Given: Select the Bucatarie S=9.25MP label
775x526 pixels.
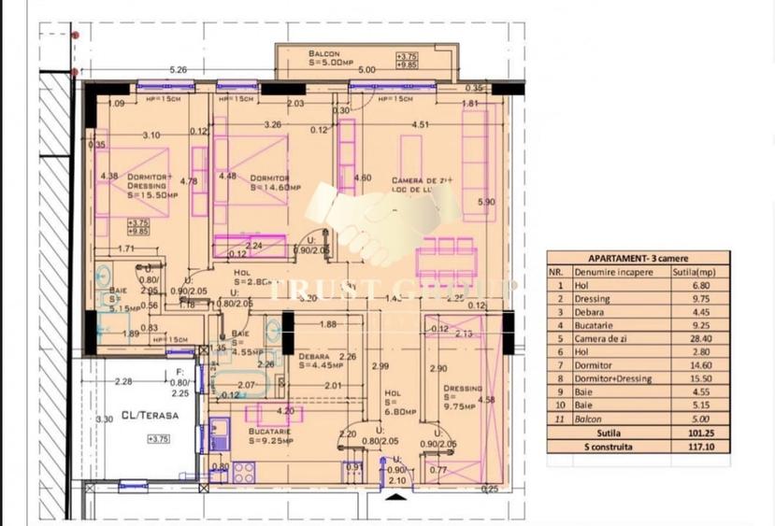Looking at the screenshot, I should pyautogui.click(x=272, y=435).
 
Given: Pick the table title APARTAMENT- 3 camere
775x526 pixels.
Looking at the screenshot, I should pyautogui.click(x=638, y=258).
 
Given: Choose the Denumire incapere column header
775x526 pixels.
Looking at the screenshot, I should pyautogui.click(x=612, y=272).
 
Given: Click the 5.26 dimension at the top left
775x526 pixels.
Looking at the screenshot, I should pyautogui.click(x=179, y=70).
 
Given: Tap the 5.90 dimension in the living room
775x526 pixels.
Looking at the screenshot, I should pyautogui.click(x=484, y=202).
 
